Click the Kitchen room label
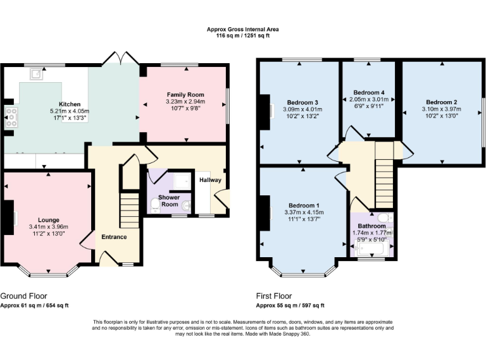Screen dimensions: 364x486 pyautogui.click(x=69, y=103)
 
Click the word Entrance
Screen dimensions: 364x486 pyautogui.click(x=114, y=237)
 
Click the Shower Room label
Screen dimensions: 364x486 pyautogui.click(x=169, y=200)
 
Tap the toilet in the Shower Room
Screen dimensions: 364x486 pyautogui.click(x=156, y=205)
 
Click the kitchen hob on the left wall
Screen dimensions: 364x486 pyautogui.click(x=11, y=118)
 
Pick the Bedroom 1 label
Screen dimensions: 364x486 pyautogui.click(x=304, y=205)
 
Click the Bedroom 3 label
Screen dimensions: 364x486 pyautogui.click(x=302, y=102)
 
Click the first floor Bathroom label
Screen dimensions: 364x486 pyautogui.click(x=371, y=225)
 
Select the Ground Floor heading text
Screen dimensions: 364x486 pyautogui.click(x=23, y=296)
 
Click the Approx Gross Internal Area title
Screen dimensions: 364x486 pyautogui.click(x=242, y=29)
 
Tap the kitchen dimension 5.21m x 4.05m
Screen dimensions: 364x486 pyautogui.click(x=69, y=111)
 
